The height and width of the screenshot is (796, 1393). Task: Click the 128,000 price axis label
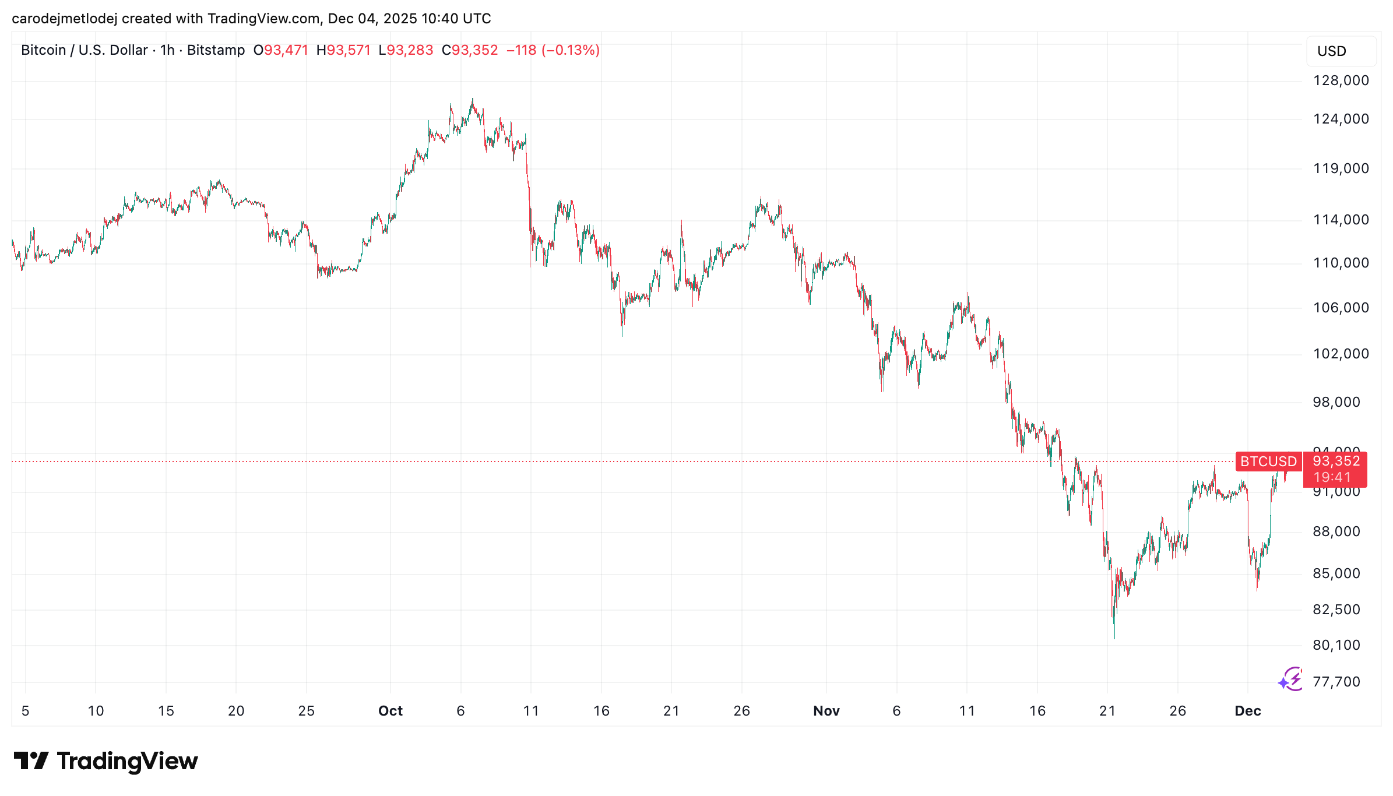coord(1341,80)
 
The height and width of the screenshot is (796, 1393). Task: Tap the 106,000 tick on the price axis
coord(1341,308)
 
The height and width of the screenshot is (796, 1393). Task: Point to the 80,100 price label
coord(1336,645)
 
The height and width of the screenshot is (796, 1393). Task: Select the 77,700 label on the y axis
coord(1336,682)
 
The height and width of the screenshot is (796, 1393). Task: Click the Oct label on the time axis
coord(390,711)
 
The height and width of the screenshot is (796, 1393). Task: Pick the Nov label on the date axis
coord(826,711)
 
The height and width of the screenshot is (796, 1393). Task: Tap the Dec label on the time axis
coord(1247,711)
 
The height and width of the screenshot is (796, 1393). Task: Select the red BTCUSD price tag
coord(1268,462)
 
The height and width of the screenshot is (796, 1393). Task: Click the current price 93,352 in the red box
coord(1336,462)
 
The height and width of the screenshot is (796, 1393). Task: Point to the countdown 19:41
coord(1332,477)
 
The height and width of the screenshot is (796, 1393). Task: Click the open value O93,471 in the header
coord(280,50)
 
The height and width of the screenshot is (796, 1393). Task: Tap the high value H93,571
coord(343,50)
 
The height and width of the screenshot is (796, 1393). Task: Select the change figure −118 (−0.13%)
coord(553,50)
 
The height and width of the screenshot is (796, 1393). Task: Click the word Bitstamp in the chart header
coord(216,50)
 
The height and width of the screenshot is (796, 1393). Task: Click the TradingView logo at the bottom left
coord(106,761)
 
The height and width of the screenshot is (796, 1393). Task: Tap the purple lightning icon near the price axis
coord(1291,679)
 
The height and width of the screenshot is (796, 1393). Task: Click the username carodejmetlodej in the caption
coord(64,19)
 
